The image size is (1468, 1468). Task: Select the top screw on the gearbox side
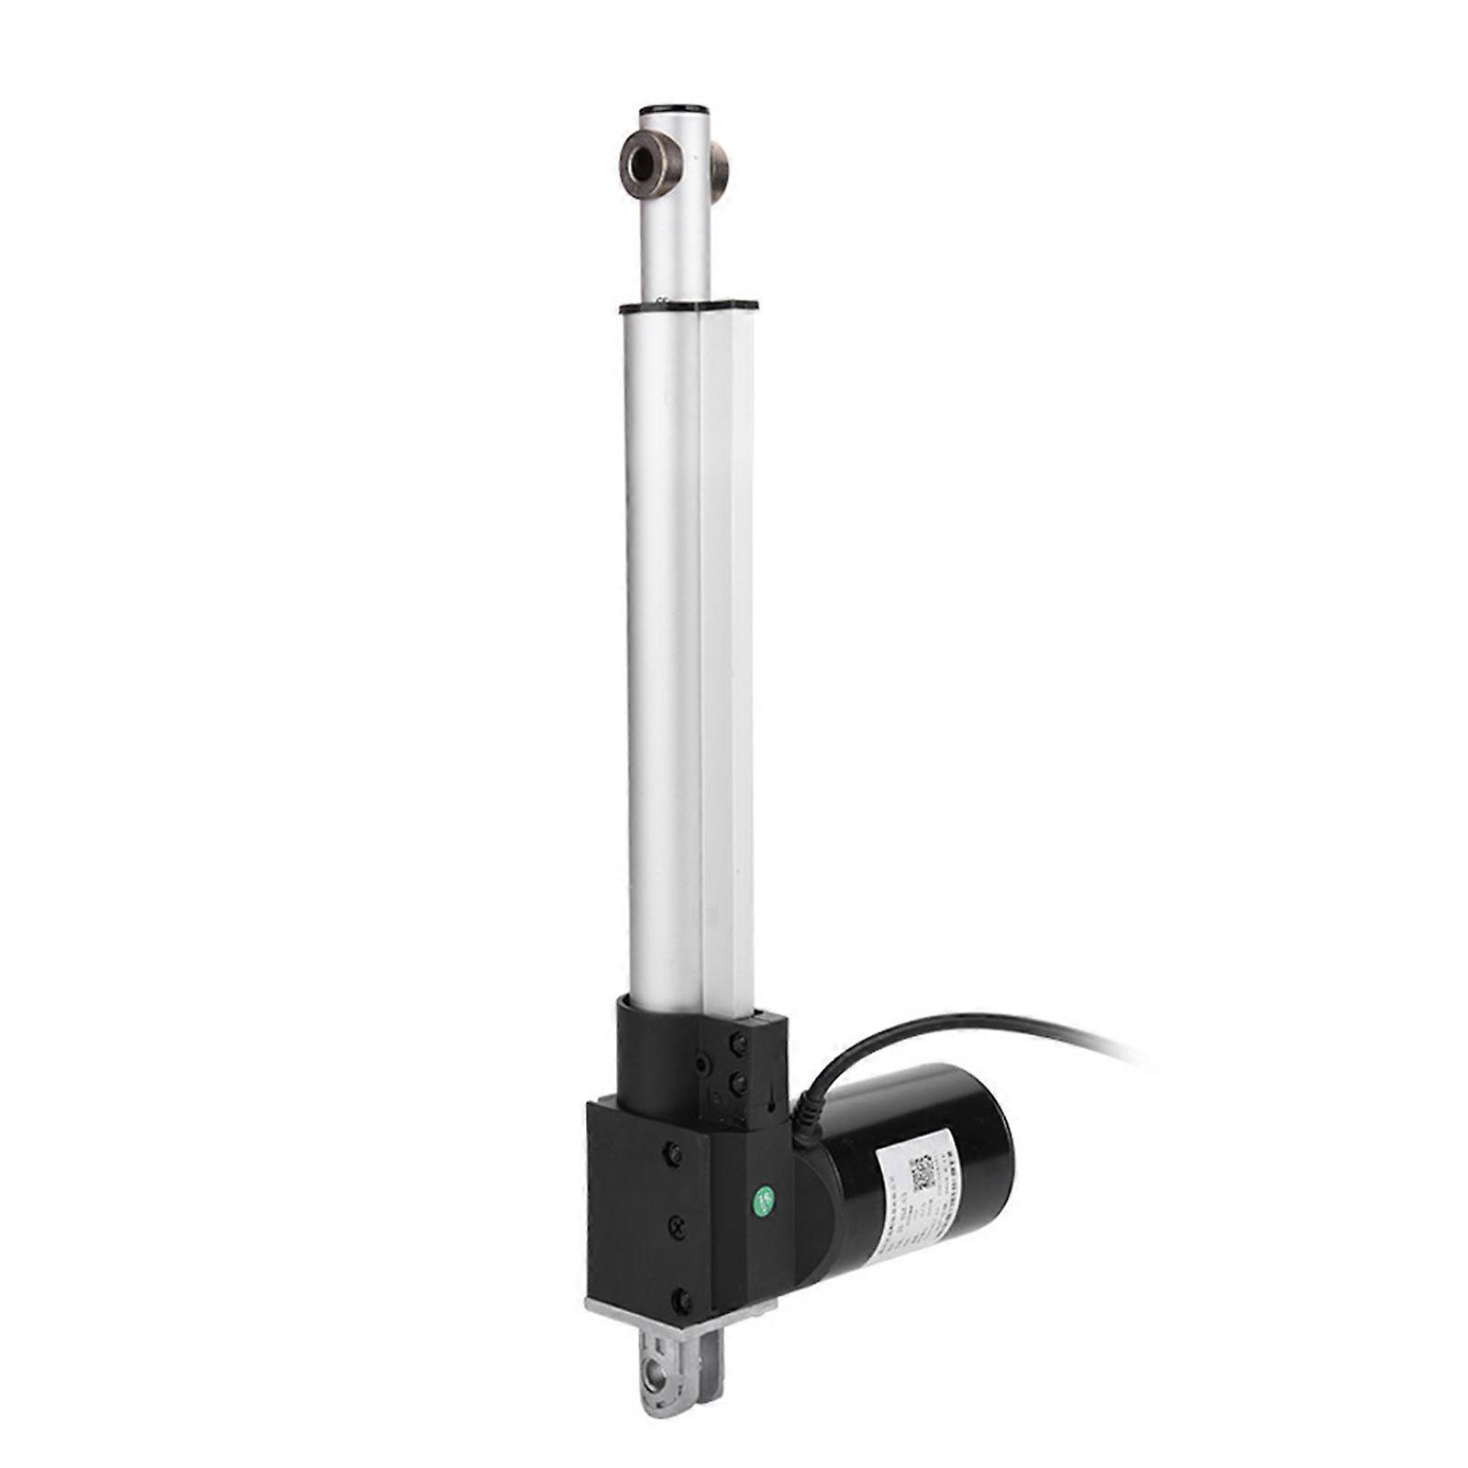coord(676,1151)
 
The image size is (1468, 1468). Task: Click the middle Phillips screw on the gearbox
coord(678,1224)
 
